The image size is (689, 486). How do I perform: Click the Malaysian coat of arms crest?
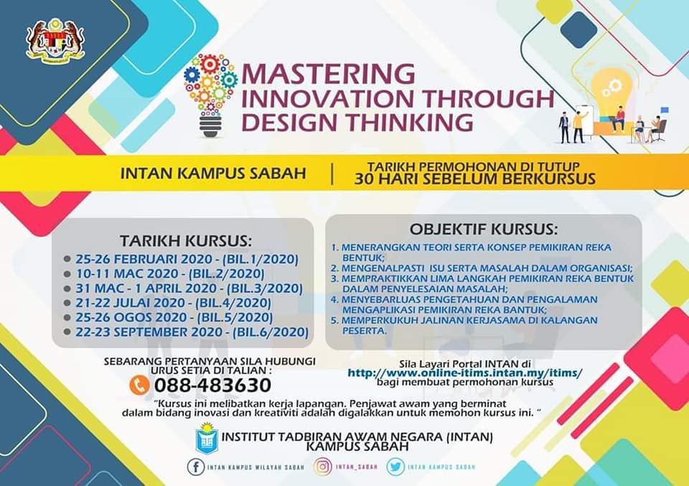pos(55,42)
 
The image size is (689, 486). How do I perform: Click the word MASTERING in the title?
pos(328,74)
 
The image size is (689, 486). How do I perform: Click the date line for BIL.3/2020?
pos(188,288)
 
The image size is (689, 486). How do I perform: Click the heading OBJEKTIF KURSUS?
pos(483,230)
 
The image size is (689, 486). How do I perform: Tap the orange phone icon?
pos(137,385)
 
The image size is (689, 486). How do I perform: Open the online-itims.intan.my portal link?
pos(465,373)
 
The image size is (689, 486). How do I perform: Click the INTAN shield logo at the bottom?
pos(207,439)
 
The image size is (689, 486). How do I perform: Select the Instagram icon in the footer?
pos(323,467)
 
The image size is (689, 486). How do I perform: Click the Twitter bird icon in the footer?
pos(395,467)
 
